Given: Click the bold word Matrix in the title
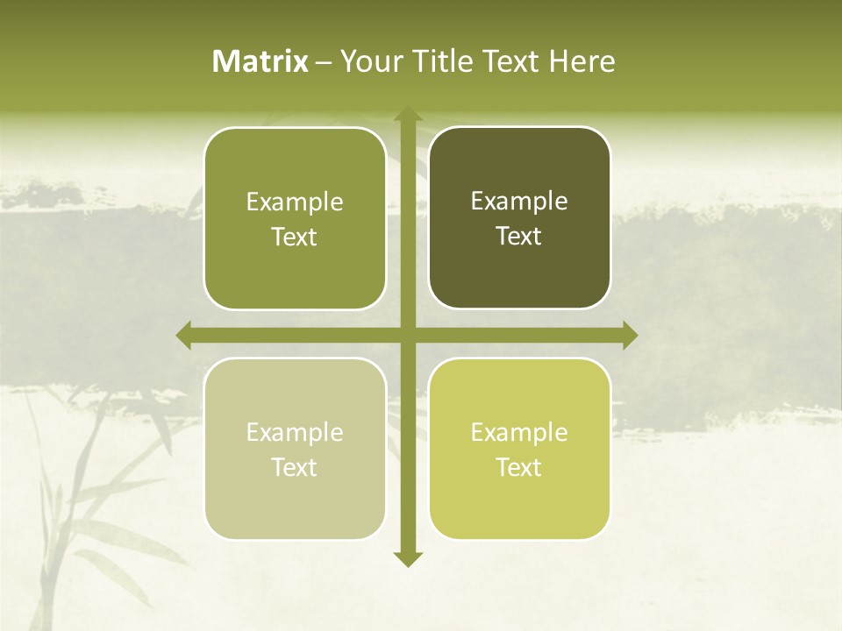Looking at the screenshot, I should click(x=260, y=61).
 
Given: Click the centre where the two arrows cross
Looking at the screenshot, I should click(x=407, y=335).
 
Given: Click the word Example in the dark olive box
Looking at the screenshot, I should click(x=519, y=202).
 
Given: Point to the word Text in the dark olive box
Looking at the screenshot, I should click(x=519, y=237).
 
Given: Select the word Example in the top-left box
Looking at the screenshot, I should click(x=295, y=202).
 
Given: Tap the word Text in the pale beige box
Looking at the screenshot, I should click(x=295, y=467).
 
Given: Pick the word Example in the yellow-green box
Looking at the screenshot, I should click(x=519, y=432).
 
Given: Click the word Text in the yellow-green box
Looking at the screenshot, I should click(x=519, y=467).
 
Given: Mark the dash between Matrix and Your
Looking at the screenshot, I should click(x=324, y=62).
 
